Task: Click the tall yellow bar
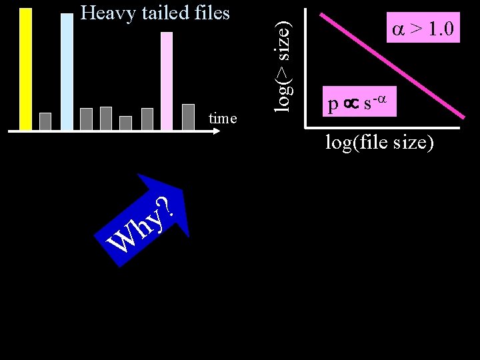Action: coord(26,69)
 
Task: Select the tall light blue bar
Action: coord(67,71)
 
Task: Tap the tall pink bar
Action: coord(167,80)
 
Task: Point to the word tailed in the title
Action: coord(162,13)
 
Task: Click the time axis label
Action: coord(223,119)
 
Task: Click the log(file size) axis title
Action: coord(379,142)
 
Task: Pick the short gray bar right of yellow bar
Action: coord(45,121)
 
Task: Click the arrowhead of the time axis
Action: coord(216,132)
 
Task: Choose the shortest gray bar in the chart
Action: coord(126,123)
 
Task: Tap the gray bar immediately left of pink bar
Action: coord(147,119)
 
